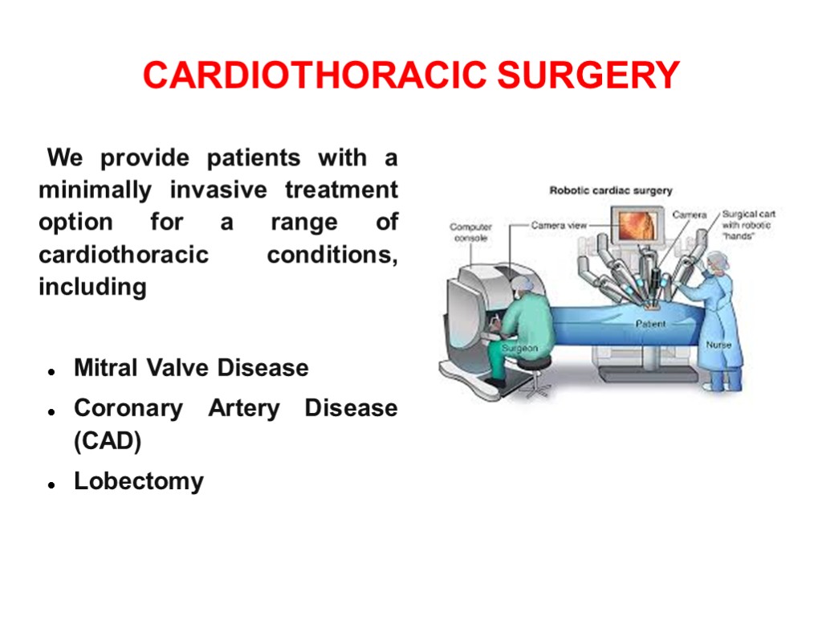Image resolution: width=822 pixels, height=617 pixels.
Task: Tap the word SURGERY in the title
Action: tap(588, 76)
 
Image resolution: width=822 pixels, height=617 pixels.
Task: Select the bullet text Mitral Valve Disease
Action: tap(191, 368)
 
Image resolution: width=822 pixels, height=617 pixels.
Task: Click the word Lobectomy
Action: tap(139, 481)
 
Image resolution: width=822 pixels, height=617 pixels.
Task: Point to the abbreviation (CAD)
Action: tap(108, 441)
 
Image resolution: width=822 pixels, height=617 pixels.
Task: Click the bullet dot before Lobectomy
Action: tap(51, 485)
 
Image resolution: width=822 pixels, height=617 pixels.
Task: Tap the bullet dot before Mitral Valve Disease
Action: tap(51, 372)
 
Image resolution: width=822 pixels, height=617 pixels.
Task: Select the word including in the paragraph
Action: tap(92, 287)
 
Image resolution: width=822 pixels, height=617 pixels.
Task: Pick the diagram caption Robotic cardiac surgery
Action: tap(610, 191)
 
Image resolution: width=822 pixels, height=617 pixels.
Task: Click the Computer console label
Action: tap(470, 232)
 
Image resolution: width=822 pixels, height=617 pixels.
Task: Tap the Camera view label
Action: tap(559, 226)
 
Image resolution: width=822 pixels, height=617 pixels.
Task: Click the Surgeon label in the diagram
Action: tap(519, 348)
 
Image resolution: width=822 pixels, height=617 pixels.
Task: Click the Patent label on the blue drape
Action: tap(650, 324)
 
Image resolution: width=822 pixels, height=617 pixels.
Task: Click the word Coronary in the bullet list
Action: tap(128, 408)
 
